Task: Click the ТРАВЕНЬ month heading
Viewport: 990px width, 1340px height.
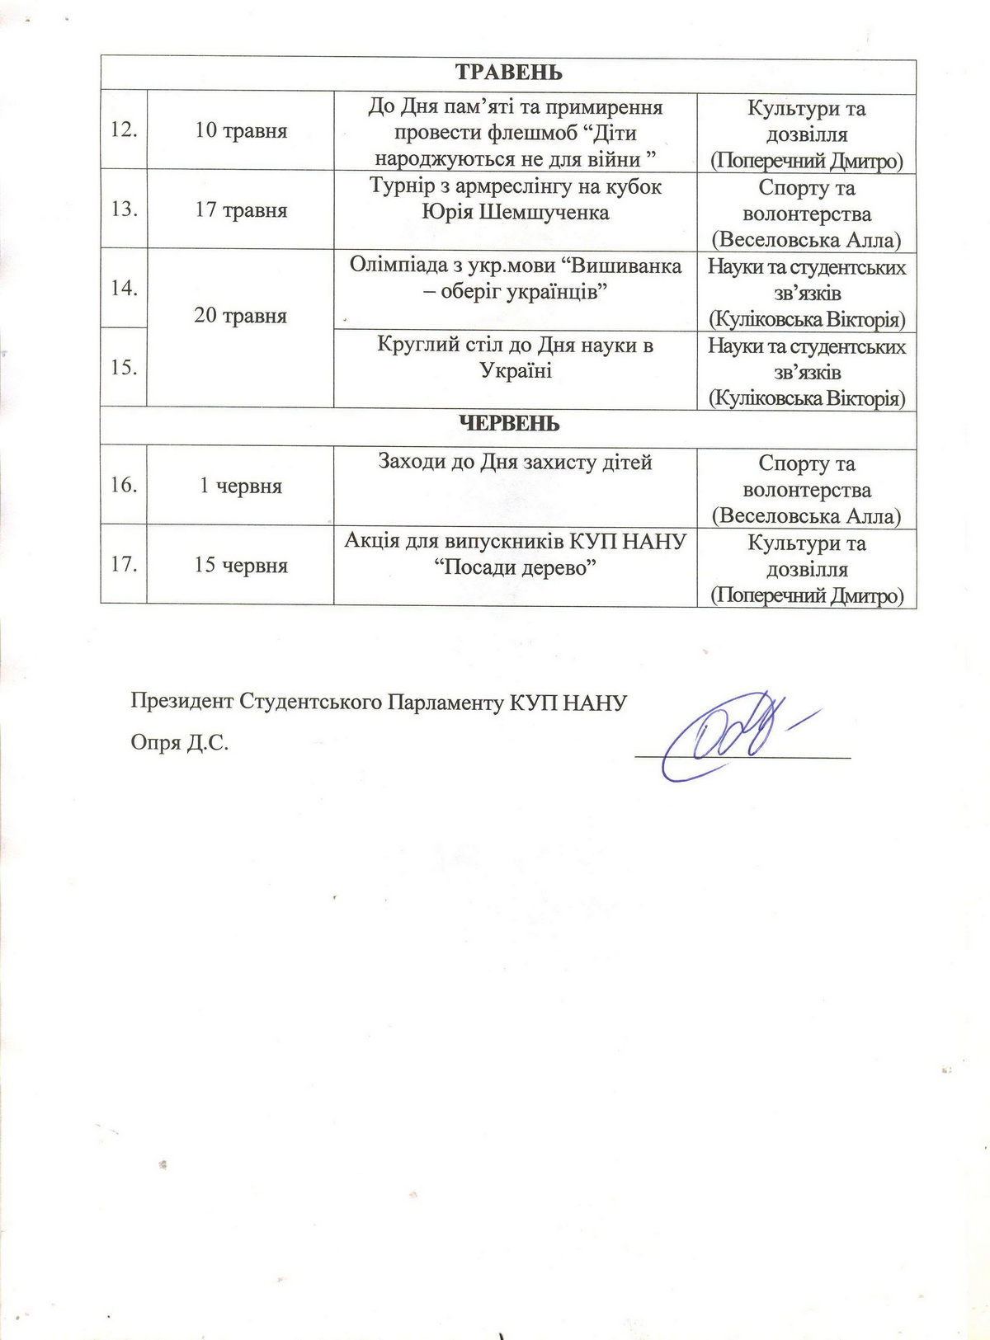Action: click(508, 73)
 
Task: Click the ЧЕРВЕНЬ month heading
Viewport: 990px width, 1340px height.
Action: click(508, 424)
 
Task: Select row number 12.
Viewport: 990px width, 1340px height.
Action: click(124, 130)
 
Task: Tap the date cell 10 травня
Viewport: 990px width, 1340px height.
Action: click(241, 130)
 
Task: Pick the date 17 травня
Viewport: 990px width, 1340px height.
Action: click(241, 209)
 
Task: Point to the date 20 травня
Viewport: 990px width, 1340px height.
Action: click(241, 315)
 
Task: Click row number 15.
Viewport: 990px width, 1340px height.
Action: click(124, 367)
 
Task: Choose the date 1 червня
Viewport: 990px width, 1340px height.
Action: click(241, 486)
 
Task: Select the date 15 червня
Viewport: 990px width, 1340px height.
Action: click(241, 565)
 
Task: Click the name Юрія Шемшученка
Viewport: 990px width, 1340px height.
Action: click(516, 213)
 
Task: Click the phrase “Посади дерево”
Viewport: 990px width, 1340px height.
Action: click(516, 568)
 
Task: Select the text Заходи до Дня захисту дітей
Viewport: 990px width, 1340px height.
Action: click(515, 462)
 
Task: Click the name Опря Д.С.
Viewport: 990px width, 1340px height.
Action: click(180, 743)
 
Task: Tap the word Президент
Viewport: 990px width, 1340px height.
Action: click(181, 702)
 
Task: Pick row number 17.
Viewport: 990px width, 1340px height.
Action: click(124, 565)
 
